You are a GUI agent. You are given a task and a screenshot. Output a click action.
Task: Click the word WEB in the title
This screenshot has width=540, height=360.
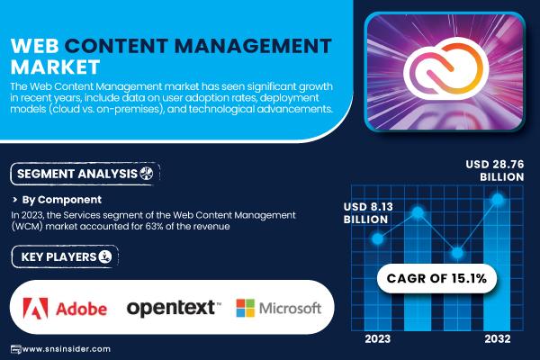[x=35, y=46]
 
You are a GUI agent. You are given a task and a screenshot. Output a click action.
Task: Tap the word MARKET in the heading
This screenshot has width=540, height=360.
[x=55, y=67]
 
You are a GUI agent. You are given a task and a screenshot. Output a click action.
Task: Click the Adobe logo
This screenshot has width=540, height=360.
[x=65, y=309]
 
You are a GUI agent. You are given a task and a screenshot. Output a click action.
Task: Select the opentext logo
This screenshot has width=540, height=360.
[x=174, y=308]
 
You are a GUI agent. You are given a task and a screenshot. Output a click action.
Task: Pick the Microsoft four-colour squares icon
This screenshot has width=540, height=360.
[x=245, y=308]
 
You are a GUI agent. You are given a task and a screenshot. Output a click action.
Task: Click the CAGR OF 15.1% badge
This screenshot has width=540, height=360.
[x=436, y=278]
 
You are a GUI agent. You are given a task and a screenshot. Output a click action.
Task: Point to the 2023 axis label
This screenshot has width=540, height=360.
[x=377, y=339]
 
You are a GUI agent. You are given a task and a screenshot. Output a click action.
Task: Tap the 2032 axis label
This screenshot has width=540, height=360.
[x=498, y=339]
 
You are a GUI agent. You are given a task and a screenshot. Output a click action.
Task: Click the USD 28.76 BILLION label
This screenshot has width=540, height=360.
[x=494, y=170]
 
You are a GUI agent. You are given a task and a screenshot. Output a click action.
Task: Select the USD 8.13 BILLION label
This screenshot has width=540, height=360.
[x=368, y=213]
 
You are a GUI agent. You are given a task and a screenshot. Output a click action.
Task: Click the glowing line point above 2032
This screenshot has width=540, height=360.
[x=498, y=199]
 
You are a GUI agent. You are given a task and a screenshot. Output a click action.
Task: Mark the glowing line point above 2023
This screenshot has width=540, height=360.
[x=378, y=238]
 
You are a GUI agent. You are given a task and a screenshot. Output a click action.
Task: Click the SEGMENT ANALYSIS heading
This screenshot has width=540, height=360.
[x=77, y=174]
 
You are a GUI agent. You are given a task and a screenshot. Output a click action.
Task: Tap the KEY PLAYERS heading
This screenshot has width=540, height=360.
[x=58, y=257]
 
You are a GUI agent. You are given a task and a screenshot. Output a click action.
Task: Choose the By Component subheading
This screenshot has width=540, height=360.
[x=61, y=200]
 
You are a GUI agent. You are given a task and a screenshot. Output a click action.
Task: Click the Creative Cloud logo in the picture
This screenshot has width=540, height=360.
[x=446, y=68]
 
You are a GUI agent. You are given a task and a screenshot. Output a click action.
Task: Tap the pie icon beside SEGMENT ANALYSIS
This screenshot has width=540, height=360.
[x=147, y=174]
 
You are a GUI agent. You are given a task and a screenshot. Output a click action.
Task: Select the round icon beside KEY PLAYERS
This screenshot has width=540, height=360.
[x=105, y=256]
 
